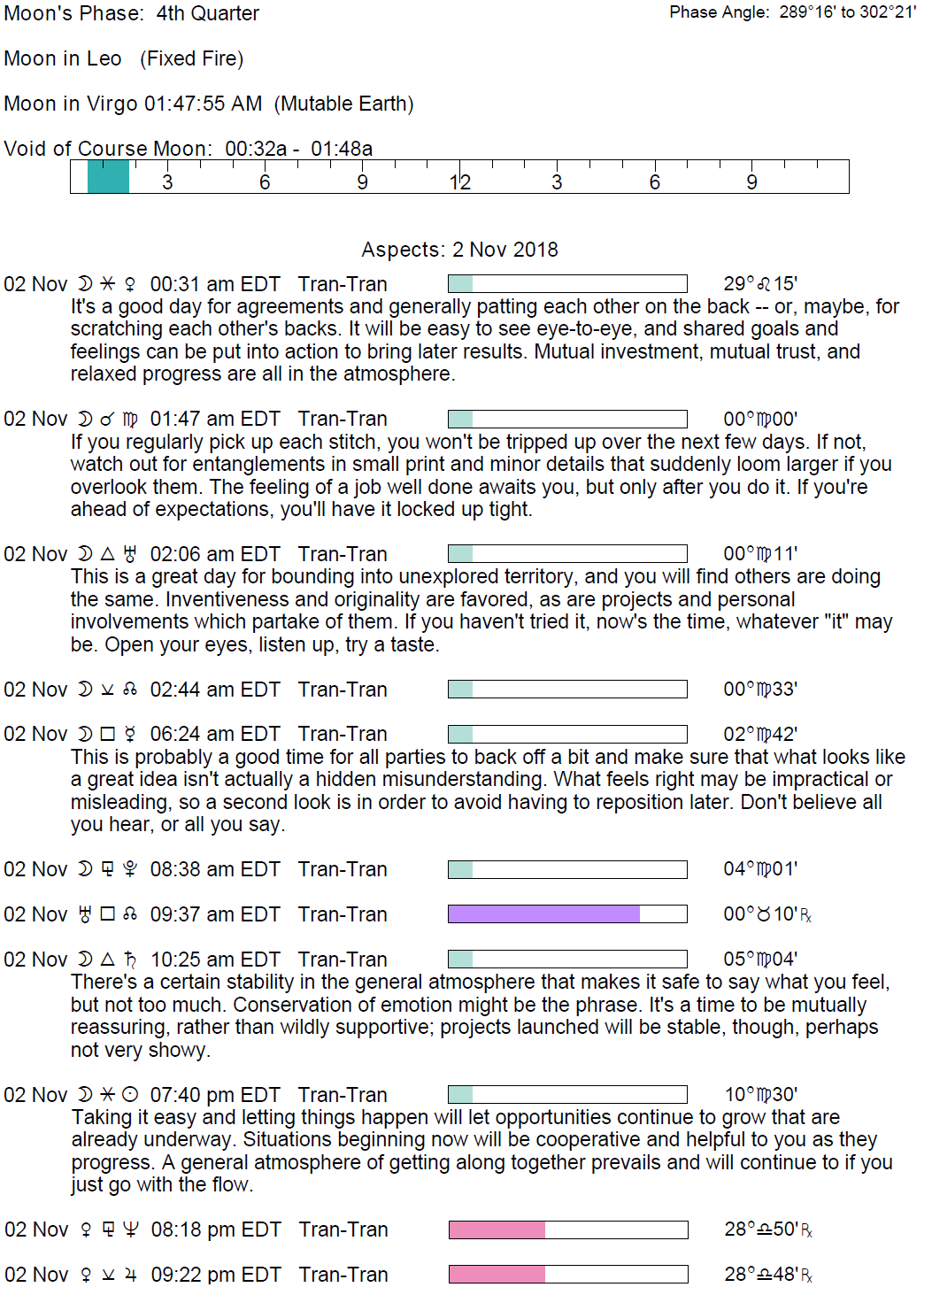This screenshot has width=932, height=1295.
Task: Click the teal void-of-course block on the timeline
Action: (108, 177)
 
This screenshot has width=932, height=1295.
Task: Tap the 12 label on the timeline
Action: (459, 182)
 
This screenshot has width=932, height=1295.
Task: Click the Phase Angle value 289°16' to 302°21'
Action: (847, 12)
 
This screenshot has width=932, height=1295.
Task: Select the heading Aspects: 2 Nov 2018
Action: (459, 250)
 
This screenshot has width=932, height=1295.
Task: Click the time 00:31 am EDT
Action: (215, 284)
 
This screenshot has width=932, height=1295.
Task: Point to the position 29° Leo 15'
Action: (760, 284)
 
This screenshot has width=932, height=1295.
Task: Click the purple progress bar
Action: (543, 914)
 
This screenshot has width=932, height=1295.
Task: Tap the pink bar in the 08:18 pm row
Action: (497, 1229)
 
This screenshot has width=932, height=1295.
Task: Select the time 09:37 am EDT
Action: (215, 914)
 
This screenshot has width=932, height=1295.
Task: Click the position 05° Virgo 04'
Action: (760, 960)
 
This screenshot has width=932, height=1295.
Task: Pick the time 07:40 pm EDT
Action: (215, 1095)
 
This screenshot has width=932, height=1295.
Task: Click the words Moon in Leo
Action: (63, 58)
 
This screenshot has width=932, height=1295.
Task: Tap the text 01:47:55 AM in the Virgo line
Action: (203, 104)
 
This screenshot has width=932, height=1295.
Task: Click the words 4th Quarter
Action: (208, 13)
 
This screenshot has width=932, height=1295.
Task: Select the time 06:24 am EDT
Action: (215, 734)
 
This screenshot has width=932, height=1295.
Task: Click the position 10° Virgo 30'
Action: (761, 1095)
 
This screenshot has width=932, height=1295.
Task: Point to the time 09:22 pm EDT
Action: (216, 1275)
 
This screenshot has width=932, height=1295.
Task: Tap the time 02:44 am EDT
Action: (215, 690)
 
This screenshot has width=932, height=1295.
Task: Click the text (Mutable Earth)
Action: (343, 104)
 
